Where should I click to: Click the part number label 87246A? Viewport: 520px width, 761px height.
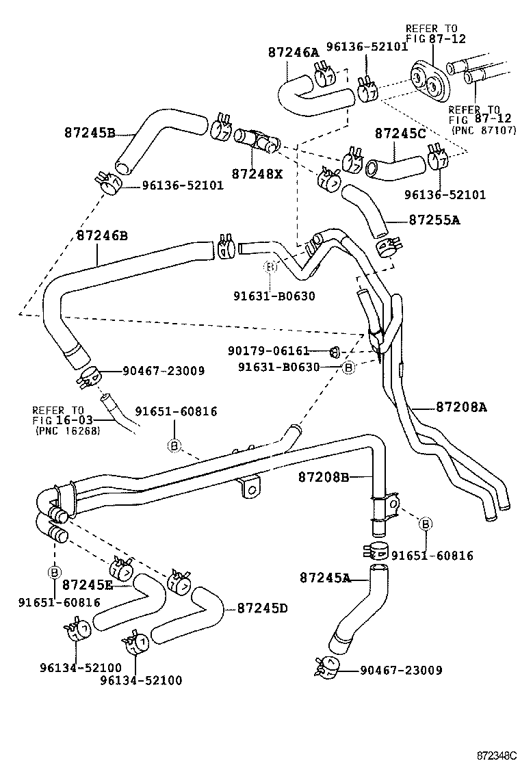coord(294,53)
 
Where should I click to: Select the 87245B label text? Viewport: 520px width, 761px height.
coord(90,133)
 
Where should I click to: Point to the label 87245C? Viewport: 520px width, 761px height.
coord(400,133)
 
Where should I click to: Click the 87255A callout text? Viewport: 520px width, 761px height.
coord(434,220)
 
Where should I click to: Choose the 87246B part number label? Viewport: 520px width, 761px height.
coord(102,235)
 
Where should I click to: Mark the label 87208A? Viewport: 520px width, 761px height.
coord(461,407)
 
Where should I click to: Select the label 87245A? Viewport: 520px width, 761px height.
coord(325,578)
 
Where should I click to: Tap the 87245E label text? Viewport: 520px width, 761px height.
coord(88,584)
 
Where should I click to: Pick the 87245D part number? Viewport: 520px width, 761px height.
coord(263,608)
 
